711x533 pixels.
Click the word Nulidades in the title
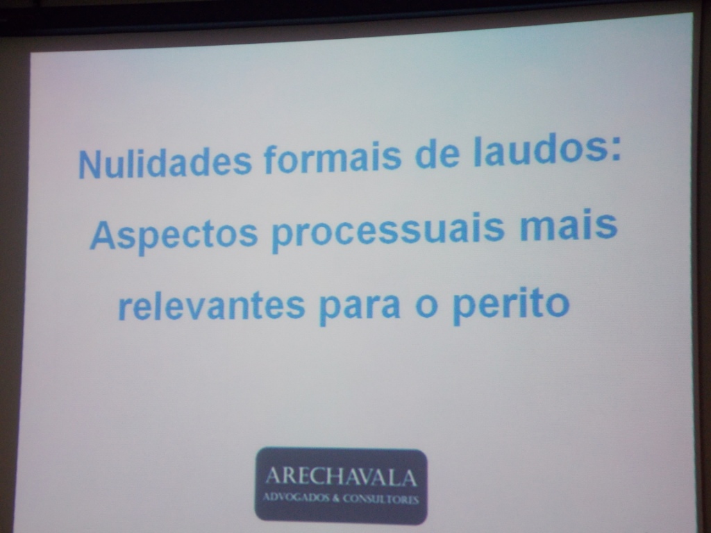point(165,162)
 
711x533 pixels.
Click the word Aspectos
point(174,235)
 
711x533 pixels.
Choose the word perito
point(512,304)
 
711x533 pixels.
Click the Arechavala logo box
point(341,485)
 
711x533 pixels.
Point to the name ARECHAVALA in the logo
point(340,477)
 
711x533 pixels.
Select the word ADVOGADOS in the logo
point(296,498)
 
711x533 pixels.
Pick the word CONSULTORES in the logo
point(380,499)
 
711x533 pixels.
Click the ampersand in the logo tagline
point(335,498)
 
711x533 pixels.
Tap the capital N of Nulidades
point(90,164)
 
